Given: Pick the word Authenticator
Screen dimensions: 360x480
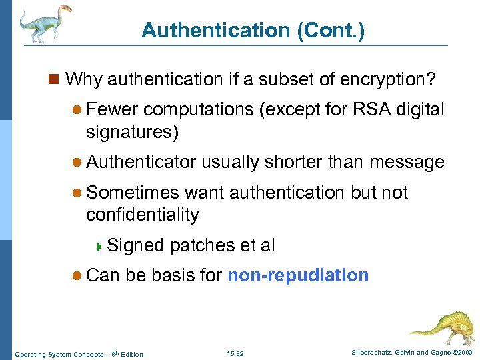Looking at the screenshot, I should coord(141,161).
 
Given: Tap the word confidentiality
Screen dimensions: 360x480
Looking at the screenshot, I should coord(143,215).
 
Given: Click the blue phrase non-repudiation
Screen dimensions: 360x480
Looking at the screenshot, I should coord(298,275).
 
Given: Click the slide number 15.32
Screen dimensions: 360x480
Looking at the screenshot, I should coord(235,353).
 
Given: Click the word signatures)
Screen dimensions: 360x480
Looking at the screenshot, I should coord(132,132).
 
